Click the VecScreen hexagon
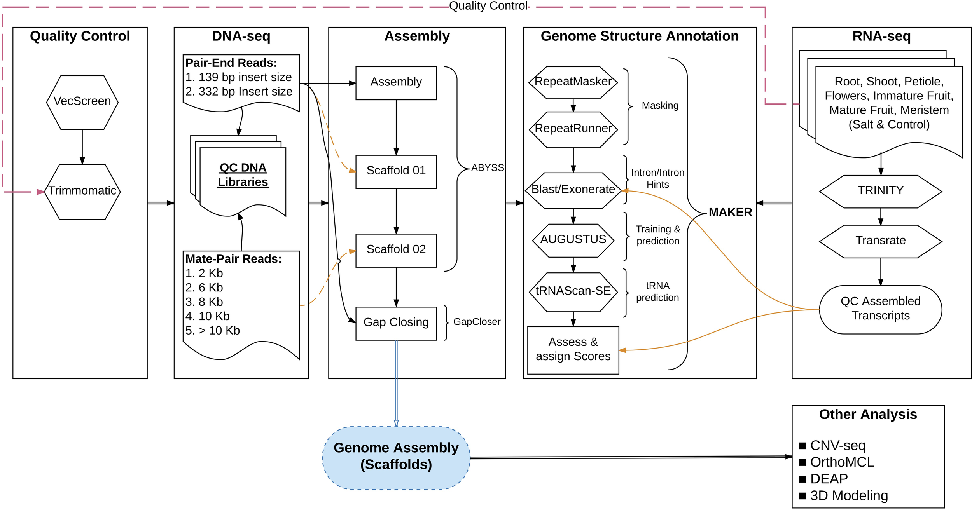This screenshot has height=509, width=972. [82, 102]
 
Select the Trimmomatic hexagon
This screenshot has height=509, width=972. [82, 192]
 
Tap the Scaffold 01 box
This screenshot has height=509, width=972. [396, 172]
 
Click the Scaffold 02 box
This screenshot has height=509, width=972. [396, 250]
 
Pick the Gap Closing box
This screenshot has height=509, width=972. [396, 323]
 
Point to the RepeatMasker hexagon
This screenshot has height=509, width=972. [573, 82]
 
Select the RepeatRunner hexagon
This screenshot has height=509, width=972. [573, 129]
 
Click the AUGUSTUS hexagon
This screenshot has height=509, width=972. [573, 240]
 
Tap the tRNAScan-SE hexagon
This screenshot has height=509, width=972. [573, 292]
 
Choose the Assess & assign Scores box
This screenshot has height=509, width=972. [573, 350]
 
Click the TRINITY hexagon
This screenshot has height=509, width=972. [880, 191]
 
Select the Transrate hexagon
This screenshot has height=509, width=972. [880, 241]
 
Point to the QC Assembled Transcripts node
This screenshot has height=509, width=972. [880, 309]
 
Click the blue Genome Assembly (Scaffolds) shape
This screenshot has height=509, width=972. [396, 457]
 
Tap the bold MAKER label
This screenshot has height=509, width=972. [730, 212]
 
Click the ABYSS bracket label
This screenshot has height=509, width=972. [487, 167]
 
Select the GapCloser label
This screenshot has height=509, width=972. [477, 322]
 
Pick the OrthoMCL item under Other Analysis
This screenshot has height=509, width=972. [842, 462]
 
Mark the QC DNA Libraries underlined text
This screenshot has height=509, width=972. [243, 174]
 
